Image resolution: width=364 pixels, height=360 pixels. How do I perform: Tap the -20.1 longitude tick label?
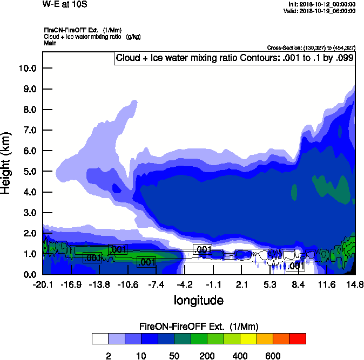click(x=43, y=284)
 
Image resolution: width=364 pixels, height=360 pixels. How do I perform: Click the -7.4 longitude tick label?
click(x=156, y=284)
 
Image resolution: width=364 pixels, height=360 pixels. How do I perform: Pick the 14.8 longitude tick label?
click(x=354, y=284)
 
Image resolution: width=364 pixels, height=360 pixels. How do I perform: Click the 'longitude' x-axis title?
click(x=198, y=300)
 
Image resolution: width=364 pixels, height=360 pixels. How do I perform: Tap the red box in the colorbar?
click(x=298, y=339)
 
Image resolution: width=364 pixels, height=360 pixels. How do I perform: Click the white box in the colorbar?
click(x=99, y=339)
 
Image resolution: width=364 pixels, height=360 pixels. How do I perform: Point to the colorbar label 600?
click(x=273, y=356)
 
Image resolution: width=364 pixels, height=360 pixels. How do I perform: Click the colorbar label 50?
click(x=174, y=356)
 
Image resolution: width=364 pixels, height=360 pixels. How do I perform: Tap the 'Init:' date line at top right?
click(x=322, y=4)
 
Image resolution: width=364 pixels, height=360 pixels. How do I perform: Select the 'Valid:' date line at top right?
click(x=321, y=11)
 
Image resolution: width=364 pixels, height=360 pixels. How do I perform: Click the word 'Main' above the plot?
click(x=50, y=42)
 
